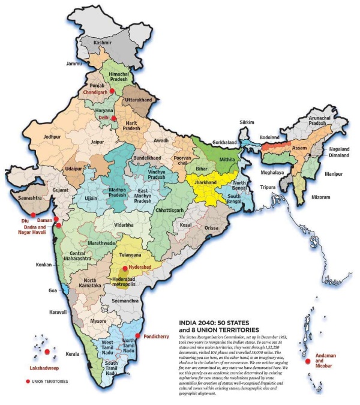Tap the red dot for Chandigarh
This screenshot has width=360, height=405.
[112, 91]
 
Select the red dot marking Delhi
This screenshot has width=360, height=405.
[114, 119]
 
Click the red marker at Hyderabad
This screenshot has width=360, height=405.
[125, 268]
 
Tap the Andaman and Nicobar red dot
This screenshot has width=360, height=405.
[308, 361]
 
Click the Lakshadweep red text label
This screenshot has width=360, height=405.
[46, 367]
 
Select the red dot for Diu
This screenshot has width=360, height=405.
[33, 214]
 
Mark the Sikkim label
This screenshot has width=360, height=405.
[247, 122]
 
